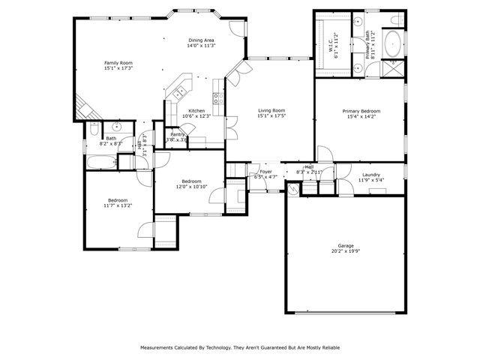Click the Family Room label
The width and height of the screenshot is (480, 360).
click(118, 62)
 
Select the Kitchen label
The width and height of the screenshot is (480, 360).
click(196, 110)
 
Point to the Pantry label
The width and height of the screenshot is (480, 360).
click(177, 134)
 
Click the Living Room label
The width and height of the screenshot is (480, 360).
click(271, 110)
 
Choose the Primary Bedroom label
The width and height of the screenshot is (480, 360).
click(358, 110)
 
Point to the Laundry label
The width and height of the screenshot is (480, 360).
click(371, 175)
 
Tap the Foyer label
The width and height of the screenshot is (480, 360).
click(265, 172)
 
